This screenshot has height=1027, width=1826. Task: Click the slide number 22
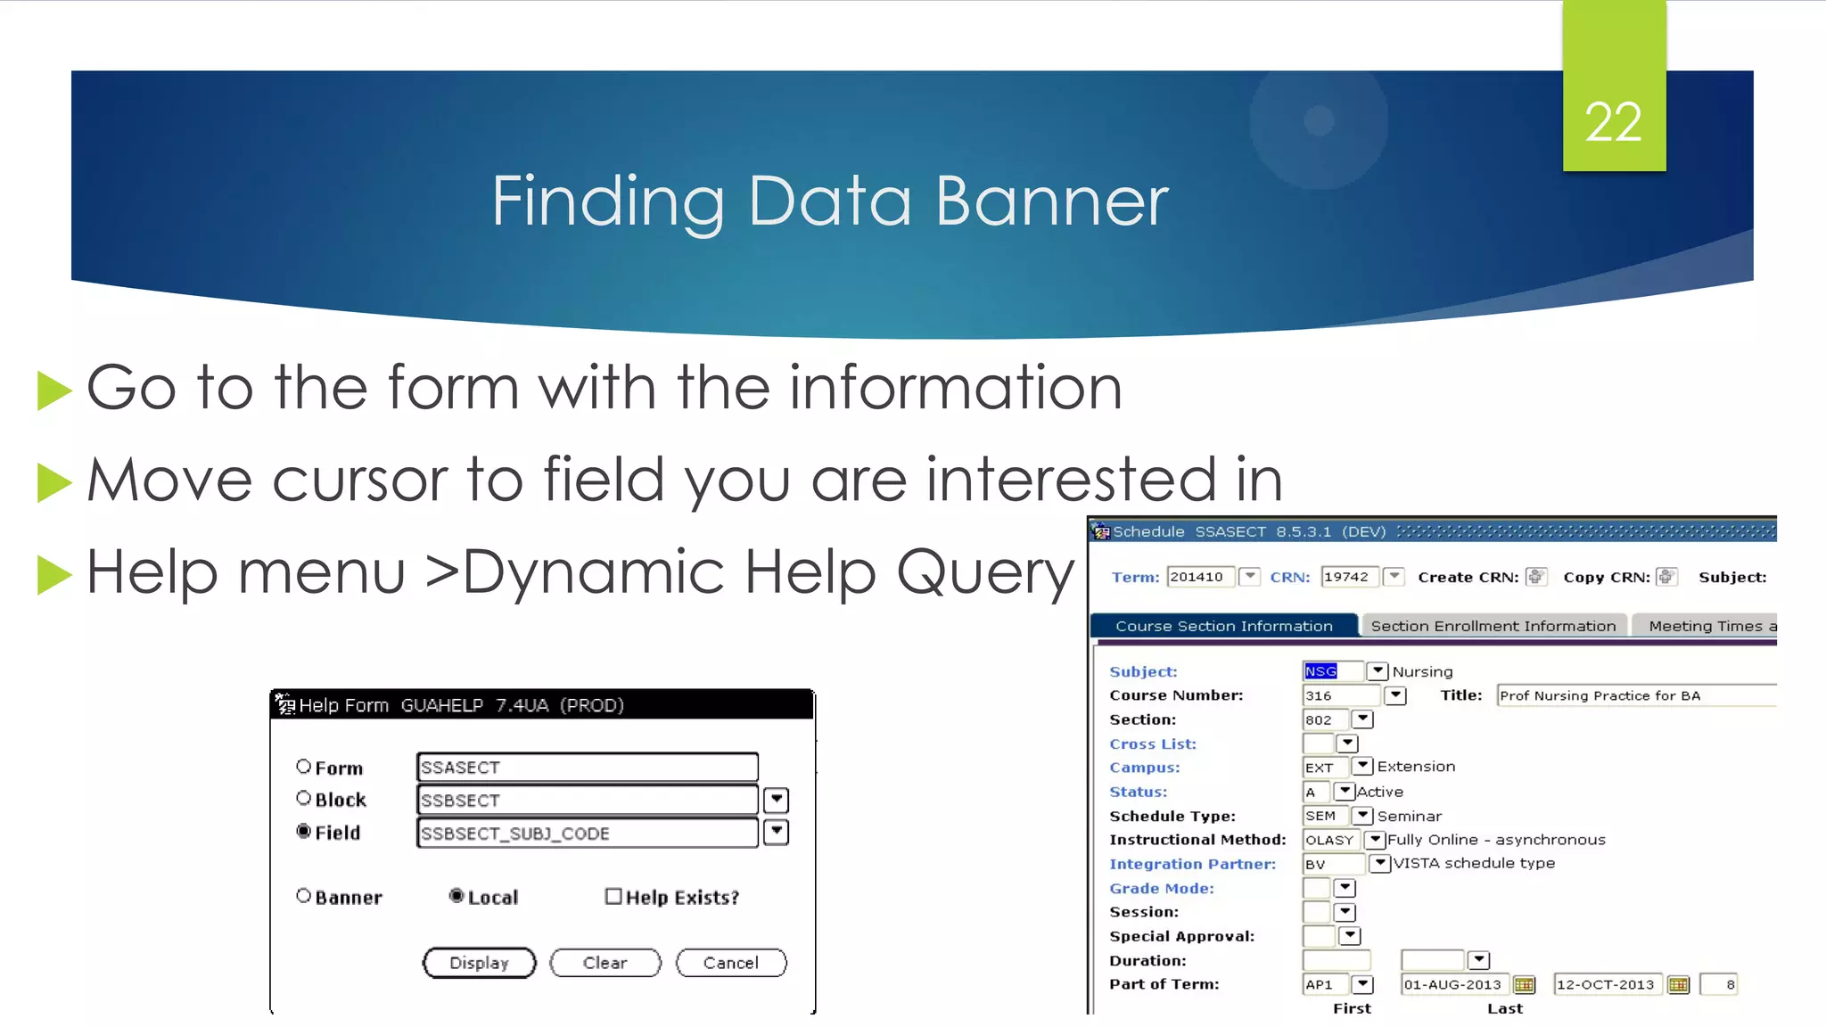coord(1613,122)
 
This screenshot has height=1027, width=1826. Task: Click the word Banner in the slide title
coord(1051,201)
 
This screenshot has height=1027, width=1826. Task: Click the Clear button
coord(605,963)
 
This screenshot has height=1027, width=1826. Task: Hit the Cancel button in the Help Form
coord(730,963)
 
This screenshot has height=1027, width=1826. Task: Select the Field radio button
coord(304,832)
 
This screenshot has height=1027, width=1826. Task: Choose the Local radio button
coord(456,896)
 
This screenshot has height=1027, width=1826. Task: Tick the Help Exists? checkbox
coord(613,896)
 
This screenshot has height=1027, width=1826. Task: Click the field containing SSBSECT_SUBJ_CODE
coord(587,833)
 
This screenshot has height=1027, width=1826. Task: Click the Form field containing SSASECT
coord(587,768)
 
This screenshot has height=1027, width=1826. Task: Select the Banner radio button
coord(304,896)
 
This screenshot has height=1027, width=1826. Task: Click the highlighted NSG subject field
coord(1321,671)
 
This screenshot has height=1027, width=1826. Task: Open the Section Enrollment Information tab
coord(1493,626)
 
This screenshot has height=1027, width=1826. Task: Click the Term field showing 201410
coord(1200,577)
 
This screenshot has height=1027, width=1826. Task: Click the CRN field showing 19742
coord(1349,577)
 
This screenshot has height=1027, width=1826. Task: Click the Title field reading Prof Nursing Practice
coord(1635,695)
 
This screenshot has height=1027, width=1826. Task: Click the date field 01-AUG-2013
coord(1452,984)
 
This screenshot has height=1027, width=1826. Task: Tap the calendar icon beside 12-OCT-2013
coord(1678,984)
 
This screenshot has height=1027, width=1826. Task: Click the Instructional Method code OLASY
coord(1329,840)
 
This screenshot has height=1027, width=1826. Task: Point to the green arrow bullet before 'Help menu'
coord(54,574)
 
